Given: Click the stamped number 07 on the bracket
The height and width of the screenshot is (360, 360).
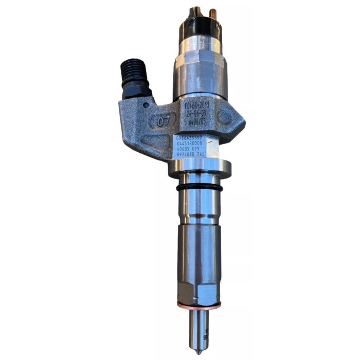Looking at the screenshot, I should point(164,121).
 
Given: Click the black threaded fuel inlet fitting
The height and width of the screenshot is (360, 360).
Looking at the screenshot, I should point(135,78).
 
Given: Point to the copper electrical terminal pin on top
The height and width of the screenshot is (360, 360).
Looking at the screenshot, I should point(209,12).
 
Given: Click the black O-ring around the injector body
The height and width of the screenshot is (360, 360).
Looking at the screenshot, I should point(200,188).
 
